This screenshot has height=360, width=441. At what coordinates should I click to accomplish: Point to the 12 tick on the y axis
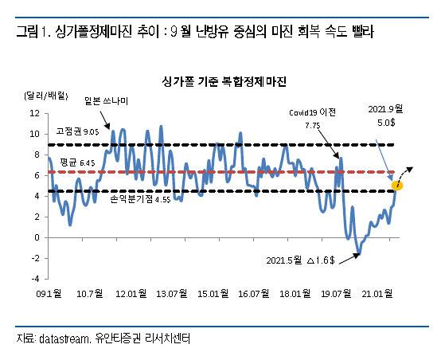(x=33, y=113)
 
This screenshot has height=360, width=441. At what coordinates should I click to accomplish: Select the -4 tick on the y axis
(x=33, y=279)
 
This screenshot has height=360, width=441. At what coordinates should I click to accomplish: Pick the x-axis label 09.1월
(x=49, y=294)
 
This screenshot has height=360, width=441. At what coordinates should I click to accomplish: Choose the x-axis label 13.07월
(x=173, y=294)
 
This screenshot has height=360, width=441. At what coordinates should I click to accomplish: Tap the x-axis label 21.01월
(x=378, y=294)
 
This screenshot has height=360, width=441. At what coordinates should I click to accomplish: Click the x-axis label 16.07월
(x=255, y=294)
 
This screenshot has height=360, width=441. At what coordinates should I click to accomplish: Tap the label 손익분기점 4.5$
(x=140, y=200)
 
